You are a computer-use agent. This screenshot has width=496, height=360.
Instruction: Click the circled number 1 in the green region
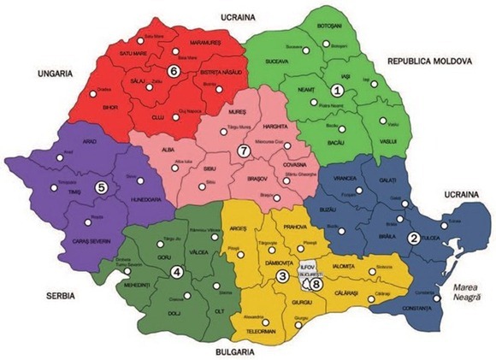coord(337,89)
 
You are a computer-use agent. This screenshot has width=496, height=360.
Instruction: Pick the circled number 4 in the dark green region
coord(177,273)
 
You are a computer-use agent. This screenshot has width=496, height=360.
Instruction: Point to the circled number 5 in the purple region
coord(101,187)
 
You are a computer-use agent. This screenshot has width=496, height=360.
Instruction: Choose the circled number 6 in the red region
coord(174,72)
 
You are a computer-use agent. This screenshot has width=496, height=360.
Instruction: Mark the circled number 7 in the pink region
coord(243,151)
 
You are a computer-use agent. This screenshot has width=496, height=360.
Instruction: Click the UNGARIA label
coord(52,74)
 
